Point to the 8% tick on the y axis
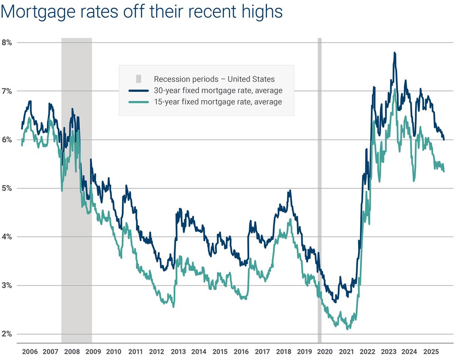click(x=8, y=42)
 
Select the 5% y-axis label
click(x=8, y=188)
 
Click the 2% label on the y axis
click(x=8, y=334)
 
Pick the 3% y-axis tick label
click(x=8, y=286)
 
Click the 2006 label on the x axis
click(x=29, y=351)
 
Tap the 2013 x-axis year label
click(x=178, y=351)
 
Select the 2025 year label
click(x=431, y=351)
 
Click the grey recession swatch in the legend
click(x=138, y=79)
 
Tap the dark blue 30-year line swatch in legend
click(x=138, y=90)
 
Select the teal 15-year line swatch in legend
click(x=138, y=101)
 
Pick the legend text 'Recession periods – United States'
click(x=214, y=79)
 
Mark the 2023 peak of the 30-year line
click(x=394, y=53)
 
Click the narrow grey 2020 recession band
click(x=319, y=187)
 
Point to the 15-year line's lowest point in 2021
click(x=347, y=329)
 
